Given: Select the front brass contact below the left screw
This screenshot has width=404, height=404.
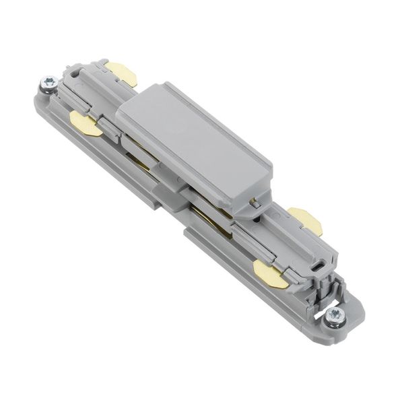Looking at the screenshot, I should point(86,125).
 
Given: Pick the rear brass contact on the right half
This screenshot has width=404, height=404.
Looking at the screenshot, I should point(305,220).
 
